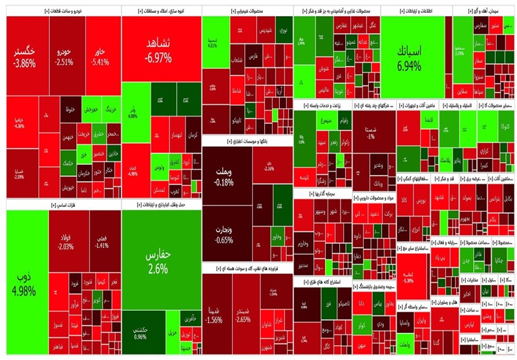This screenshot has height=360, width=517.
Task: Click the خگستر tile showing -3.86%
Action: (x=33, y=56)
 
